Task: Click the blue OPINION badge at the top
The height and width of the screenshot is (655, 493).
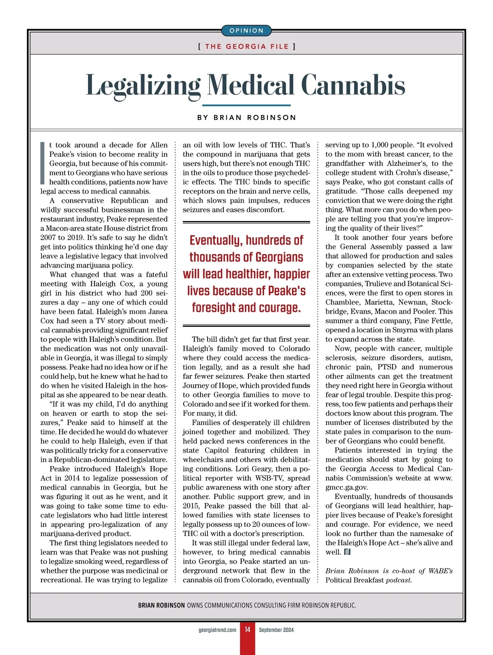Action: tap(246, 31)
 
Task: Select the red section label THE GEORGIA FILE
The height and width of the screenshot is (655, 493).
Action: tap(246, 46)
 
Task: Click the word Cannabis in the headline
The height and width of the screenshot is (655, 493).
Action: tap(353, 85)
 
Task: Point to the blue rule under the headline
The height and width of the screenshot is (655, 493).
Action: tap(246, 105)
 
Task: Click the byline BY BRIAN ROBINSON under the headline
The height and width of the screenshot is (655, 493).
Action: tap(246, 118)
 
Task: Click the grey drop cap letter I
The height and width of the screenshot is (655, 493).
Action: tap(42, 163)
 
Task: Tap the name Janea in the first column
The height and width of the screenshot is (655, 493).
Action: tap(156, 311)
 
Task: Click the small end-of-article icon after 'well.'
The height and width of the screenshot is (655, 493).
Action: tap(347, 552)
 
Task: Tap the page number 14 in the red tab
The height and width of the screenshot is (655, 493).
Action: tap(248, 630)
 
